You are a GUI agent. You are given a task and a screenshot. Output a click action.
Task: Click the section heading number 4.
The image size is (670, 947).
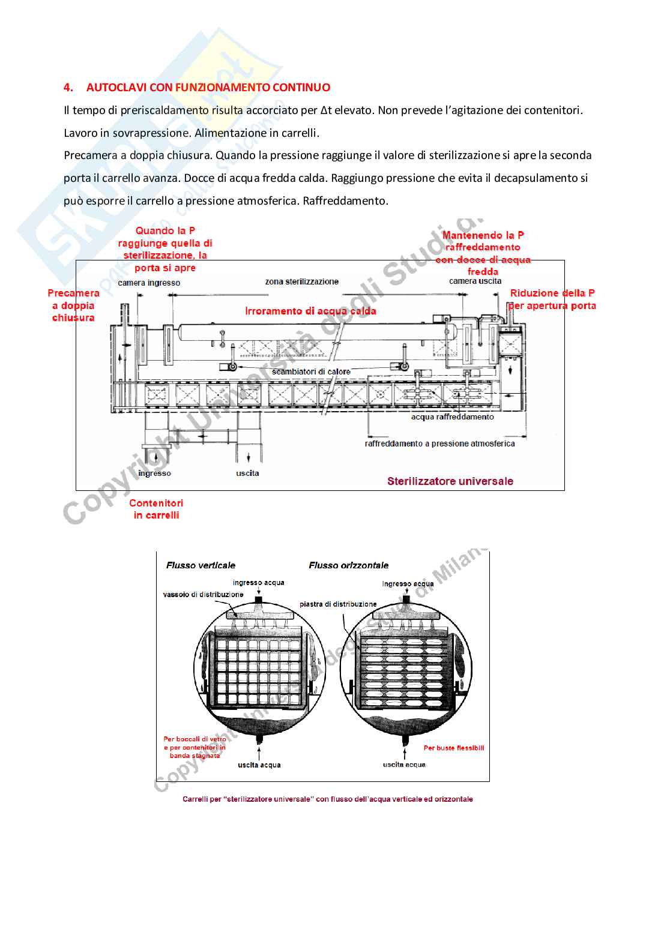(68, 88)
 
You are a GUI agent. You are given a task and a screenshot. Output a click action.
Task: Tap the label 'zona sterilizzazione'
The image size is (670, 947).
(301, 281)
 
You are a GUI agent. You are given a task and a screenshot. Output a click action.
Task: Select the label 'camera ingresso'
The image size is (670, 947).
(149, 283)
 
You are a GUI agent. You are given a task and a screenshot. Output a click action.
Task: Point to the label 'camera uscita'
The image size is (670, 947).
(475, 281)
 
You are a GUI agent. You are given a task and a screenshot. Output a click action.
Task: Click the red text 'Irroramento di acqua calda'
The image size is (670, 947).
(310, 311)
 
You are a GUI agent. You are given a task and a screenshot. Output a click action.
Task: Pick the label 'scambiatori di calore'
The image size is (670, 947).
(311, 372)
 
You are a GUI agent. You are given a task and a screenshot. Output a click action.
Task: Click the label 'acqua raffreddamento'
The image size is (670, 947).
(452, 416)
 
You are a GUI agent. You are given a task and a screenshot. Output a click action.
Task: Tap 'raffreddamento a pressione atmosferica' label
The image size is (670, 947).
(439, 443)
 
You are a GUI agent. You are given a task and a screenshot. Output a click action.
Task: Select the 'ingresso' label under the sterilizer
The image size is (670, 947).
(154, 473)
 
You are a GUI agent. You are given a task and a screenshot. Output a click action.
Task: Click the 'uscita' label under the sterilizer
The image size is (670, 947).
(247, 473)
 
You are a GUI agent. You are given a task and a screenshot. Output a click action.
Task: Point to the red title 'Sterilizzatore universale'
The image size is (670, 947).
(450, 481)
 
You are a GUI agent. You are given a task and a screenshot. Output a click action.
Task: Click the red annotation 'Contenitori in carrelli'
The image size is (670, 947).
(156, 509)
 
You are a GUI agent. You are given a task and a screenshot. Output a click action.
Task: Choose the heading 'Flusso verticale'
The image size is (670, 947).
(201, 565)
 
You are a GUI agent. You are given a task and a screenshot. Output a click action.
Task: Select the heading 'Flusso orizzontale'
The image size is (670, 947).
(348, 565)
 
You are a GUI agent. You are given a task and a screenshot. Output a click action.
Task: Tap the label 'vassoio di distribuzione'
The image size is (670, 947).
(203, 595)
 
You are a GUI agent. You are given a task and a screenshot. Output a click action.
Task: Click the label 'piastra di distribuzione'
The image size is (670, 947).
(338, 604)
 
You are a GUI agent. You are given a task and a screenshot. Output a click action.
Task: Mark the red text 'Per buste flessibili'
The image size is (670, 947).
(453, 748)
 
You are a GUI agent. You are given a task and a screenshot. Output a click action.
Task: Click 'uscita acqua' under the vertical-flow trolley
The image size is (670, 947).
(259, 765)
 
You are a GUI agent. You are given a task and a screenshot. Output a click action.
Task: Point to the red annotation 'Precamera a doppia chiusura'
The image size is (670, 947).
(73, 305)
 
